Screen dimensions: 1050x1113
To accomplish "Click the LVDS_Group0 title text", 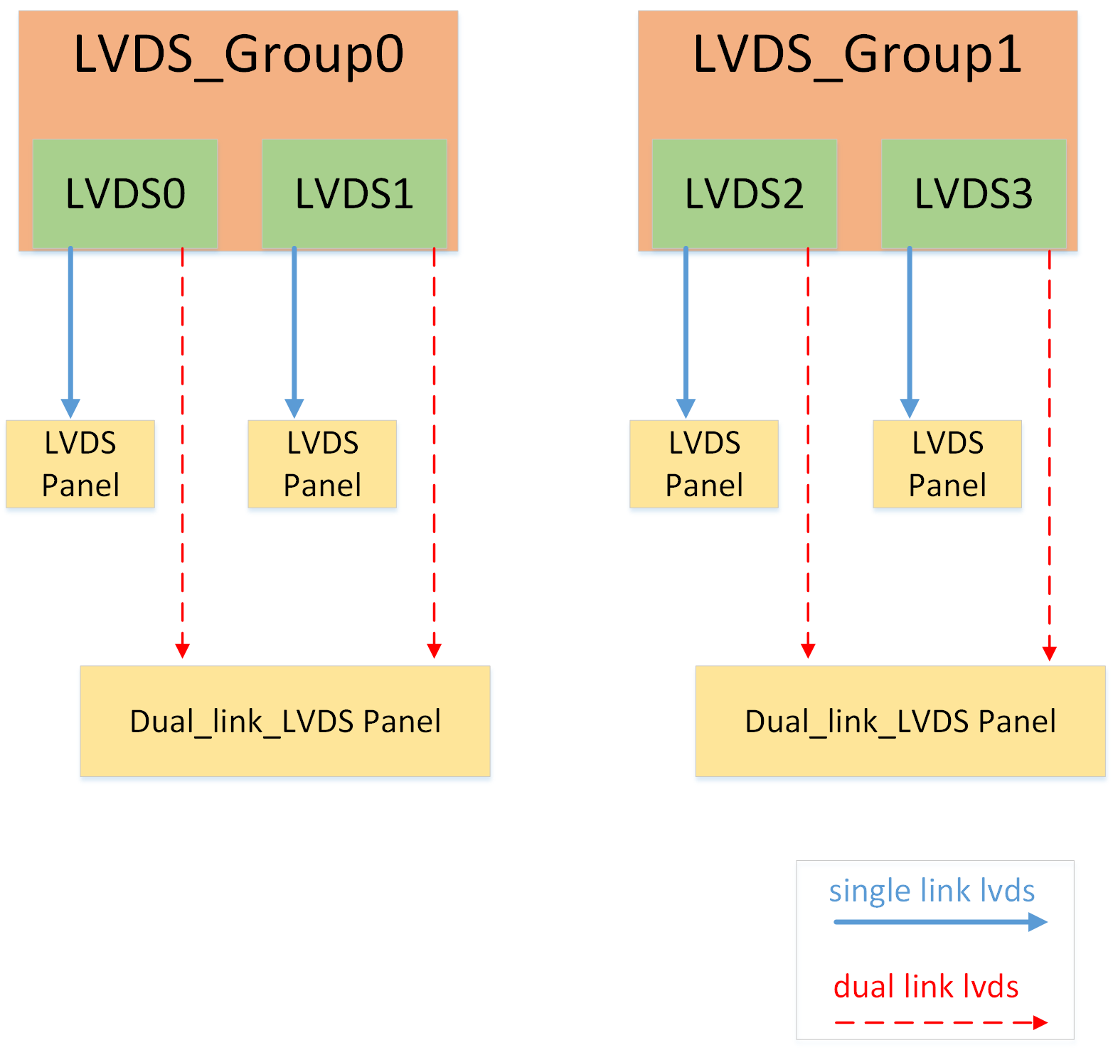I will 238,55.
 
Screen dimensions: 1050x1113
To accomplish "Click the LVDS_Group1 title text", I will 858,55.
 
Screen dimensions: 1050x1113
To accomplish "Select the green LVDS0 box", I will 125,193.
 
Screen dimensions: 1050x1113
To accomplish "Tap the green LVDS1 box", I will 354,193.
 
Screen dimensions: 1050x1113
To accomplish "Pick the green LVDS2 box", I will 744,193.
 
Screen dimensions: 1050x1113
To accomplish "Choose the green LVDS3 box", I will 973,193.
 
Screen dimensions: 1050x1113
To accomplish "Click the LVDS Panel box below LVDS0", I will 80,464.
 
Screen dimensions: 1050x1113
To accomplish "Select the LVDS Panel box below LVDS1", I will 322,464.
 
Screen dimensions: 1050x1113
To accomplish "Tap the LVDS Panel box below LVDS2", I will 704,464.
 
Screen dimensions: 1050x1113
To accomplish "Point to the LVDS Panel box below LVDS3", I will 947,464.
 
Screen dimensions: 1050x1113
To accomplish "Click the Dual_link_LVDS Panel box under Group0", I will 285,721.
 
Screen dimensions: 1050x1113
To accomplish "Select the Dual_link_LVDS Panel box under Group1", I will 900,721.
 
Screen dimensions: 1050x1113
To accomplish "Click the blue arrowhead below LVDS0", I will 70,408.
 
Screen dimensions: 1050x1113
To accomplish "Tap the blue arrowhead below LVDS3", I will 910,408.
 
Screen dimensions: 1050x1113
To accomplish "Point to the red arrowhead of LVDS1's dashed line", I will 435,650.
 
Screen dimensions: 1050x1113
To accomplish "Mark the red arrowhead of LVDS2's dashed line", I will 808,650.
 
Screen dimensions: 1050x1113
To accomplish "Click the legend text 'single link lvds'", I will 932,891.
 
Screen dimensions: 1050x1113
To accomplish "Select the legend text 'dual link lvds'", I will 926,987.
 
